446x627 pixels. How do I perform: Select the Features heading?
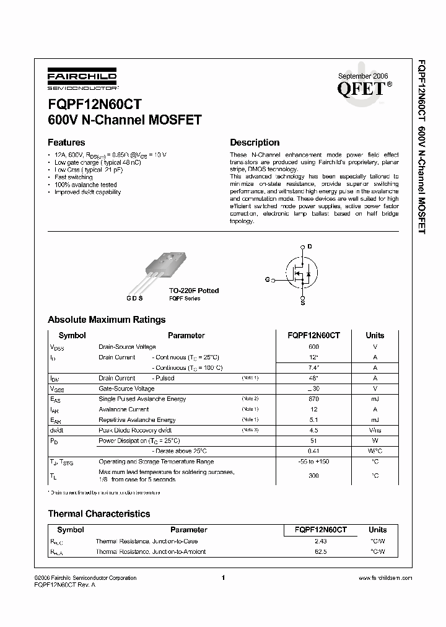tap(66, 142)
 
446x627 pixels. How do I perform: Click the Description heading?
tap(255, 142)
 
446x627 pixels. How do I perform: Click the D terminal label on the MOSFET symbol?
tap(310, 247)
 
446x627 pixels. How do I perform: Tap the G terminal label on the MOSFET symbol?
tap(267, 280)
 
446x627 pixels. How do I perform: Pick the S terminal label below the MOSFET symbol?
tap(302, 304)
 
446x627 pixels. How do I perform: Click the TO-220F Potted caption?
tap(194, 291)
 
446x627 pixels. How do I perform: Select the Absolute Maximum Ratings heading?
tap(107, 320)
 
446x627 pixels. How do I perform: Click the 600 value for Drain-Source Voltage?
tap(313, 347)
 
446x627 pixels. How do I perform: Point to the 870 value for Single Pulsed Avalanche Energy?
tap(313, 399)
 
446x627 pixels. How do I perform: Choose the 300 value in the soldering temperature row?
tap(313, 475)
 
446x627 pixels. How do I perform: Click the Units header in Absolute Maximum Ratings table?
tap(375, 335)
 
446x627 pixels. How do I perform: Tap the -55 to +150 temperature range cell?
tap(313, 462)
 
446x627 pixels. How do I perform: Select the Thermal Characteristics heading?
tap(99, 514)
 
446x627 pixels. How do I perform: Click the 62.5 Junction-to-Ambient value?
tap(321, 551)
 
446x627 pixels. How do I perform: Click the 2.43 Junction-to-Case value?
tap(321, 541)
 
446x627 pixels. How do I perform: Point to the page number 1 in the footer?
tap(222, 577)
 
